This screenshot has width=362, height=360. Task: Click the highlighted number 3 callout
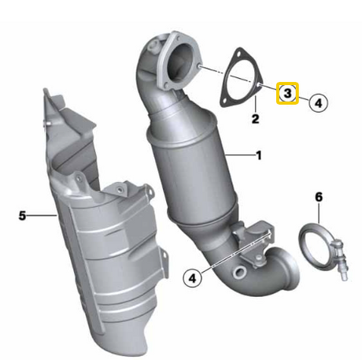[x=287, y=93]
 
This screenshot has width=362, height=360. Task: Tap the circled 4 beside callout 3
[x=318, y=102]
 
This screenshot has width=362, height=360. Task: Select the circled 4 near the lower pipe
[x=193, y=278]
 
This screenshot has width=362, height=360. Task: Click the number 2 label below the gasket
[x=255, y=119]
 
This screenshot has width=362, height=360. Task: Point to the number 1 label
[x=259, y=155]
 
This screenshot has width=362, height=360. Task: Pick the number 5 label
[x=22, y=216]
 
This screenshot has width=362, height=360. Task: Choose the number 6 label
[x=319, y=197]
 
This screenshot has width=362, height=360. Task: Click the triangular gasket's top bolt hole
[x=238, y=54]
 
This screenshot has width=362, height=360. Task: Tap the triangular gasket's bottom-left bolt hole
[x=224, y=101]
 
